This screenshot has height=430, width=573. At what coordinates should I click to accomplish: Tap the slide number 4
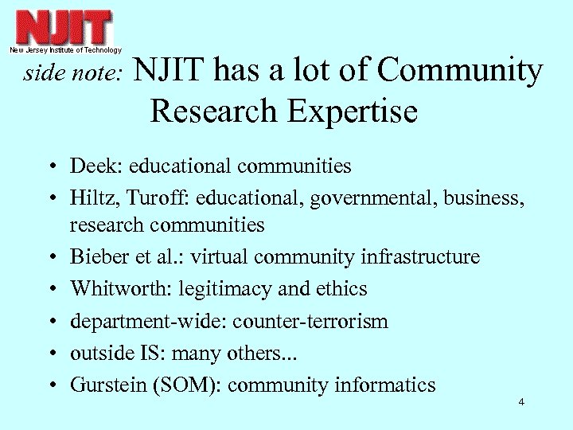(x=520, y=402)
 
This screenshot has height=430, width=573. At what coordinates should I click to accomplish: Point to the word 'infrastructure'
(x=421, y=257)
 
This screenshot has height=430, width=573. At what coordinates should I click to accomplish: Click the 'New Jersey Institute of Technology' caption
(x=65, y=49)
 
